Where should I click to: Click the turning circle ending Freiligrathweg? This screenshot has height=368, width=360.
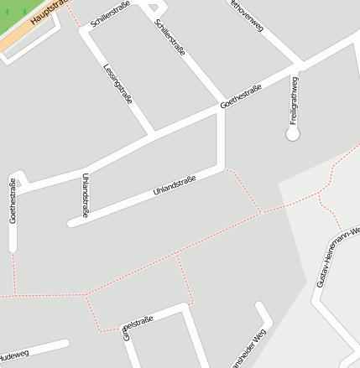click(293, 133)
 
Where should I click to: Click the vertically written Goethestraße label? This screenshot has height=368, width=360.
click(13, 201)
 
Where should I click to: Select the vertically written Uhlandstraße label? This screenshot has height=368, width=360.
click(86, 195)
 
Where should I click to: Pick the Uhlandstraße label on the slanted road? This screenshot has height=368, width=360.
click(174, 184)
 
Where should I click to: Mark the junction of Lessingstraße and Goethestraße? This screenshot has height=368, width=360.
click(153, 133)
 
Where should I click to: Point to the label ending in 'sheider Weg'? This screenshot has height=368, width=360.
click(246, 350)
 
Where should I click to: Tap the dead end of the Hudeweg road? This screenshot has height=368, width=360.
click(65, 343)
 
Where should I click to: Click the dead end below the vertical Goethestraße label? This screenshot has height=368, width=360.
click(13, 248)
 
